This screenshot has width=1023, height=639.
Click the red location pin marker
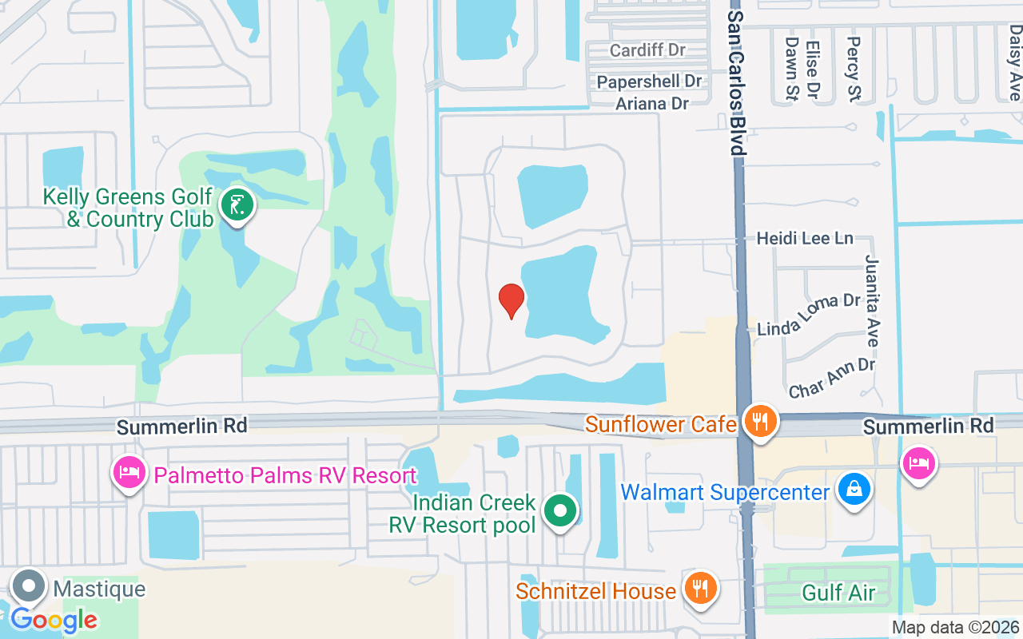pos(511,300)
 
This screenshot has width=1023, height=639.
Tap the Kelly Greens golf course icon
pos(237,205)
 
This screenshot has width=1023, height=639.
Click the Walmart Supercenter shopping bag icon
pos(854,489)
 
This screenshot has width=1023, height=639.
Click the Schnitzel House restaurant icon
pos(701,589)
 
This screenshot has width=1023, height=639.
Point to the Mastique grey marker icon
pos(30,587)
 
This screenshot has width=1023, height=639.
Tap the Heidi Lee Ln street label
pos(805,238)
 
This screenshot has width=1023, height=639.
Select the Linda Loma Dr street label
pos(808,315)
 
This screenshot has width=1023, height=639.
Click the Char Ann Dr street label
pos(831,378)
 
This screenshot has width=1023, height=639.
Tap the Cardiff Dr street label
pos(647,50)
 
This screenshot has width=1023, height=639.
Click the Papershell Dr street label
pos(649,81)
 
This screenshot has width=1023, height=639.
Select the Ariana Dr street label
pos(652,103)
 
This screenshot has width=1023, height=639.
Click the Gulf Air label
pos(838,593)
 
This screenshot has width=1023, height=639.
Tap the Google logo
pos(54,620)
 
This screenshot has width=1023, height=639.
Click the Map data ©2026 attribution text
pos(956,628)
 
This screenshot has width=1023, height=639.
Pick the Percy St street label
pos(854,69)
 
